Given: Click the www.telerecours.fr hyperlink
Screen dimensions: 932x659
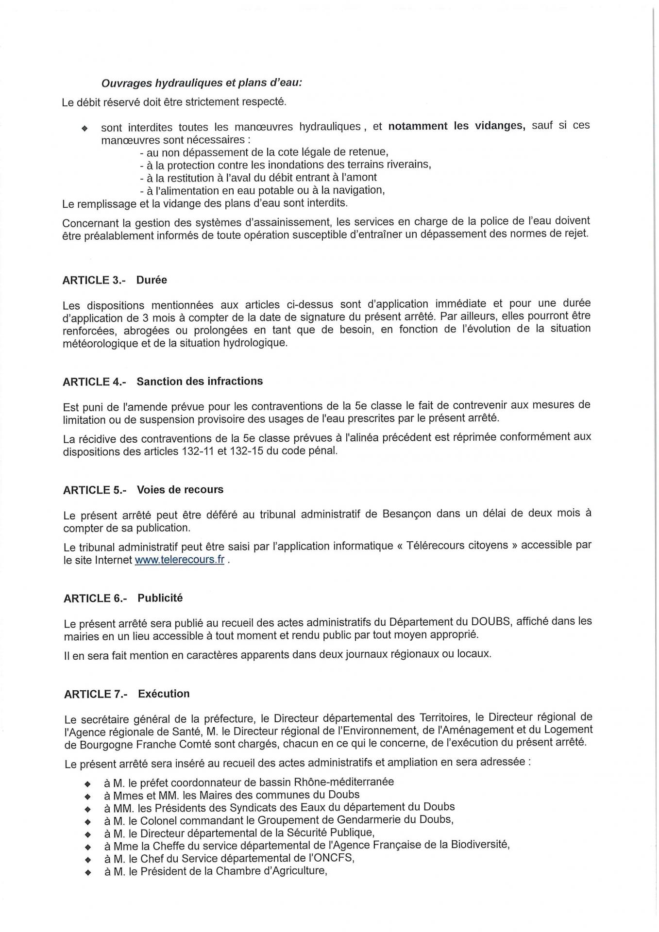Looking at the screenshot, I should point(179,559).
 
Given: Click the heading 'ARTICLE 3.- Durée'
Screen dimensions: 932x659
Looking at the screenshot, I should point(115,280).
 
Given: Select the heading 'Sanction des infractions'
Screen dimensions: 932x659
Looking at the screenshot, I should point(200,381).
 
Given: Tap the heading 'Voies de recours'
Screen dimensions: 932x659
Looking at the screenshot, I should point(180,489).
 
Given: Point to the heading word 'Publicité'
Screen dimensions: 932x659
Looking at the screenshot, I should point(160,598).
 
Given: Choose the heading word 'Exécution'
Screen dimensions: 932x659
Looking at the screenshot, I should point(164,694).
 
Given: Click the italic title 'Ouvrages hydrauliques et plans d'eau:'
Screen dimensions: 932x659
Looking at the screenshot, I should point(202,83).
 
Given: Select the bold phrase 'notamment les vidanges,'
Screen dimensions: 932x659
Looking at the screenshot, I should point(456,126).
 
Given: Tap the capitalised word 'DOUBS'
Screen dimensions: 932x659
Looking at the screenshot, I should point(490,621).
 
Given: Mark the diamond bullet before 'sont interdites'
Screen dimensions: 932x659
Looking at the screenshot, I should point(84,129).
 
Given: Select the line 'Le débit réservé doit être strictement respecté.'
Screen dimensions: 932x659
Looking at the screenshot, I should point(174,102).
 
